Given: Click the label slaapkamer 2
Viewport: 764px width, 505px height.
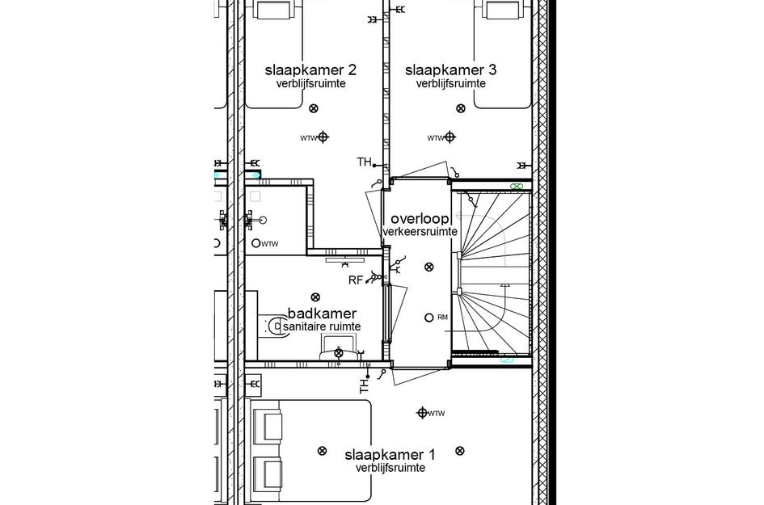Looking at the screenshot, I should pyautogui.click(x=310, y=70).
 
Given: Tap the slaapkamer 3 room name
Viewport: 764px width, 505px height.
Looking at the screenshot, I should pyautogui.click(x=450, y=70).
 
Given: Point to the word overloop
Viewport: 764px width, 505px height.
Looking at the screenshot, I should pyautogui.click(x=419, y=219).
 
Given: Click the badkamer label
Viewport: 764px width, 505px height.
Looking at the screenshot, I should pyautogui.click(x=322, y=314).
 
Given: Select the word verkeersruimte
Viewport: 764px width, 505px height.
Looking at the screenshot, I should pyautogui.click(x=420, y=232).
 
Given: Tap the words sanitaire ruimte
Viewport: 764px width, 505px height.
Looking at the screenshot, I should pyautogui.click(x=322, y=326).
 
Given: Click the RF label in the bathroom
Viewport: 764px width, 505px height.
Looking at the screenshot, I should pyautogui.click(x=355, y=281).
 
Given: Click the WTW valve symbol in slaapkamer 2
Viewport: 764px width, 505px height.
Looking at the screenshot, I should pyautogui.click(x=323, y=137).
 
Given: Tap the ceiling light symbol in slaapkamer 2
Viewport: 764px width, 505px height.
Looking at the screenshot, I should pyautogui.click(x=314, y=108).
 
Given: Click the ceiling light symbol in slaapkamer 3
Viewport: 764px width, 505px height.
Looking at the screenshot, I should pyautogui.click(x=460, y=107).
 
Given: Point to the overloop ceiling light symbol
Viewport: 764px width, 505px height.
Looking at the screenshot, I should pyautogui.click(x=428, y=267).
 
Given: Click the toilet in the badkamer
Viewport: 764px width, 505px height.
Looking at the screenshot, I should pyautogui.click(x=273, y=326).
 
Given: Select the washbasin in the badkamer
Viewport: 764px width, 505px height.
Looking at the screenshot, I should pyautogui.click(x=338, y=352).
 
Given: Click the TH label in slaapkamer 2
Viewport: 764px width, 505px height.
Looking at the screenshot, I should pyautogui.click(x=364, y=162).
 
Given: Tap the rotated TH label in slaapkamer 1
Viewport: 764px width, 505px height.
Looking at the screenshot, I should pyautogui.click(x=364, y=389).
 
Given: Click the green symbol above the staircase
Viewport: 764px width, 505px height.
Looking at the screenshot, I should pyautogui.click(x=516, y=186).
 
